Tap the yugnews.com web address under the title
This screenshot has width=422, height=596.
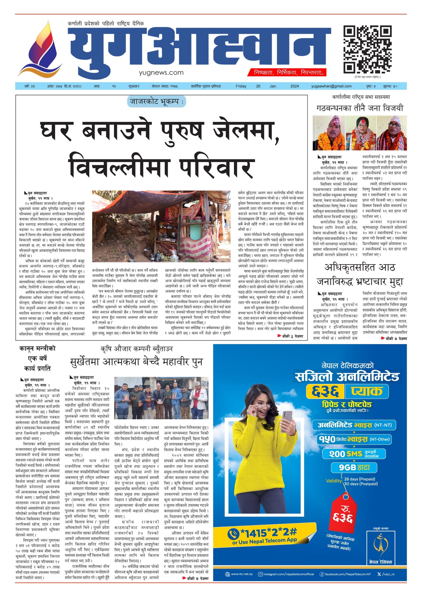point(161,73)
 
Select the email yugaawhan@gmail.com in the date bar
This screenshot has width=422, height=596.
point(331,86)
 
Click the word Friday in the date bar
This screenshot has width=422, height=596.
point(241,86)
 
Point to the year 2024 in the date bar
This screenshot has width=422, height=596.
point(294,86)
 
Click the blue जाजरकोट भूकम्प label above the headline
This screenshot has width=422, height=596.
point(156,102)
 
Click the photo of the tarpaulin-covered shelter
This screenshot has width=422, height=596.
point(161,226)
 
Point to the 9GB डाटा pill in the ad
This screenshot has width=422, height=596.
point(354,467)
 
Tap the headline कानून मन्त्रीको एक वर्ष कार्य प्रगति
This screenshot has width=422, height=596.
point(37,358)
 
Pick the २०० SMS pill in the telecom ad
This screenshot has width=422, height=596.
point(354,454)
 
